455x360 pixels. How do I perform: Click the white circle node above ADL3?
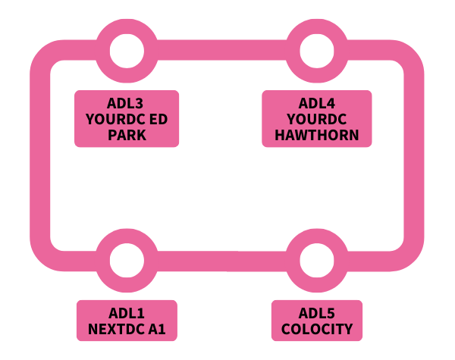click(x=127, y=51)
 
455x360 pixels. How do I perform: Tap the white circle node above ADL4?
click(x=316, y=51)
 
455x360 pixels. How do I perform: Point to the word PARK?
click(x=127, y=136)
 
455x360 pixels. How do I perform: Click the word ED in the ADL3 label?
click(x=159, y=120)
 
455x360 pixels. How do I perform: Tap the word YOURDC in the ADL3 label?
click(x=116, y=120)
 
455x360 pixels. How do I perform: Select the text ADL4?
click(x=317, y=104)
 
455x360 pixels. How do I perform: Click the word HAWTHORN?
click(x=317, y=136)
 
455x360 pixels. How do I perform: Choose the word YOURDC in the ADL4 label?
click(x=317, y=120)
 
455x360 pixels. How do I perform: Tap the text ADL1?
click(x=127, y=313)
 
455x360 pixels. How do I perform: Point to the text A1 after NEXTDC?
click(x=158, y=329)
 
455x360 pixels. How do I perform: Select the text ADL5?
click(x=317, y=313)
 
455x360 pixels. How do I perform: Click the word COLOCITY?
click(x=317, y=329)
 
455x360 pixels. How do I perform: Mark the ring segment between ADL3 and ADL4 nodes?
click(x=221, y=51)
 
